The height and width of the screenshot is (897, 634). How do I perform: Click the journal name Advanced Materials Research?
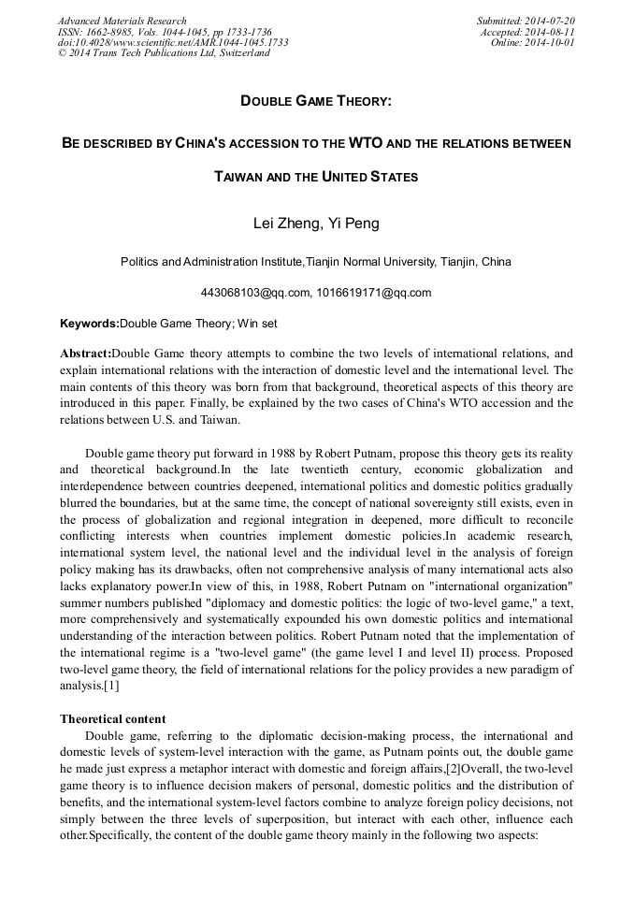[122, 21]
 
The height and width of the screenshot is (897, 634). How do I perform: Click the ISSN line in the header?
[165, 32]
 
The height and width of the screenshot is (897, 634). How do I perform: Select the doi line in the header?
[172, 42]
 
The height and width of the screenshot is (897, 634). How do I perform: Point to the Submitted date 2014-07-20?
[526, 21]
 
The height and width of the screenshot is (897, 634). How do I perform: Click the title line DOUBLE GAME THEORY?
[316, 100]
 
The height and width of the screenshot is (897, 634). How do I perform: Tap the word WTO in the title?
[365, 144]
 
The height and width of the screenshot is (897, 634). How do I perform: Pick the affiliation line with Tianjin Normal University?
[316, 262]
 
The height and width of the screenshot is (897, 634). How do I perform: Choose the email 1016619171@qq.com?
[373, 293]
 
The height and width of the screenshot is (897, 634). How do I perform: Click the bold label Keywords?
[90, 324]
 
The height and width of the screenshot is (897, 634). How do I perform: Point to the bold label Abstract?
[85, 354]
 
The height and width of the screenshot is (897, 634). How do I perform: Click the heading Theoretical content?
[113, 718]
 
